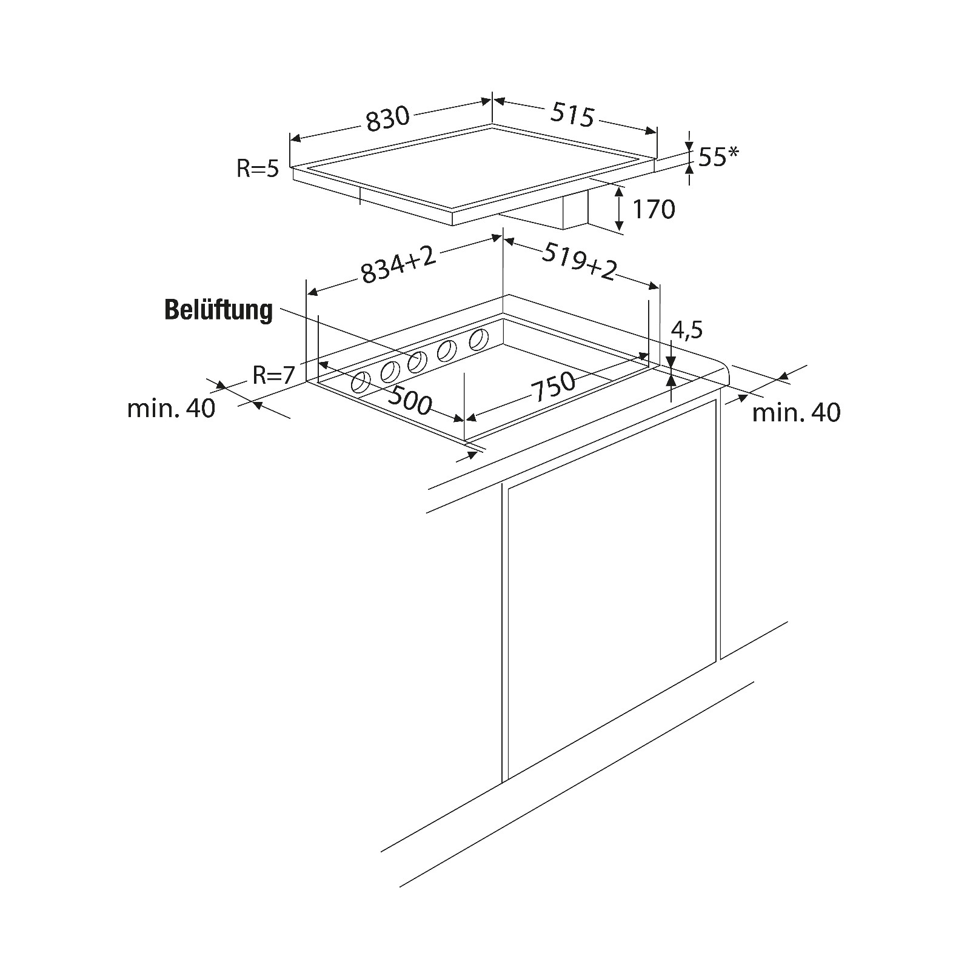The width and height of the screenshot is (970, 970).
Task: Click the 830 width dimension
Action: click(389, 118)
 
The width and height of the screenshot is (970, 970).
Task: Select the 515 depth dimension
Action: click(572, 115)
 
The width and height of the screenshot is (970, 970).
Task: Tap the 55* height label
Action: click(718, 157)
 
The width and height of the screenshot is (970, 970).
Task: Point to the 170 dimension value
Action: click(654, 209)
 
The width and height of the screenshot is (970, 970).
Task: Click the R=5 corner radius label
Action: click(258, 169)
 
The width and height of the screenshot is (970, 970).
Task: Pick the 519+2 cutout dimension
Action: click(578, 261)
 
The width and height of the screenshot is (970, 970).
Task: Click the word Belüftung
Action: click(219, 310)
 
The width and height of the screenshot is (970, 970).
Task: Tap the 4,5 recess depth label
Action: click(687, 330)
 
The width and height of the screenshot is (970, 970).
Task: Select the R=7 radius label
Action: click(273, 375)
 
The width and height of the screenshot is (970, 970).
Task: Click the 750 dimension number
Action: click(553, 386)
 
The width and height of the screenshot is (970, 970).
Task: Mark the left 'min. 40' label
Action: click(171, 409)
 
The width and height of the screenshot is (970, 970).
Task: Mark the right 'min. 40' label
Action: click(797, 413)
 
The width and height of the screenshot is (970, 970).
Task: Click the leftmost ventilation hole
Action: click(361, 383)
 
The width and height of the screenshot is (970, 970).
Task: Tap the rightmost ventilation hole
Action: click(479, 339)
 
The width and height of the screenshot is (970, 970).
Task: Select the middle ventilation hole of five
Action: click(418, 362)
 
